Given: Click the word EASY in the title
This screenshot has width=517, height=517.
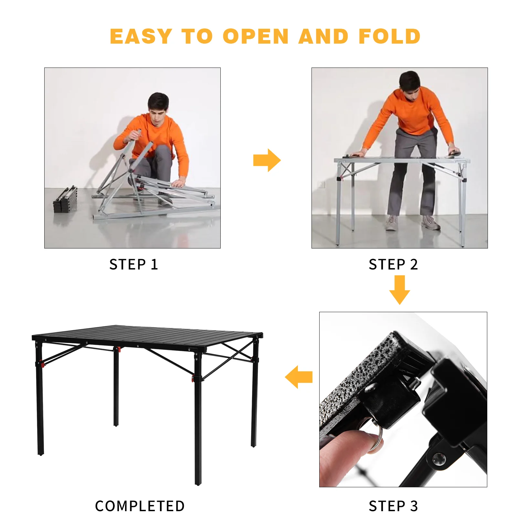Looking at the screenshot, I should pos(141,36).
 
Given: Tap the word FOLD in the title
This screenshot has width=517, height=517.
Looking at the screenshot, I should pos(389,36).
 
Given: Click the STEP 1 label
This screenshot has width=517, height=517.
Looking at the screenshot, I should pos(133,264).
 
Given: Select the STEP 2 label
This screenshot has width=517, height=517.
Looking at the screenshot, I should pos(393,264).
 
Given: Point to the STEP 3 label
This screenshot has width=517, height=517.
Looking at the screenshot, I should pos(393,506).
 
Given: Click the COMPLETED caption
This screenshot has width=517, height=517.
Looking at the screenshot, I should pos(140,506).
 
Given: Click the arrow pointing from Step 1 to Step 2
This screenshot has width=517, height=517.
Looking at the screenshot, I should pos(267,160).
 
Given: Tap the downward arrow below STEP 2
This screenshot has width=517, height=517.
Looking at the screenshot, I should pos(400,290).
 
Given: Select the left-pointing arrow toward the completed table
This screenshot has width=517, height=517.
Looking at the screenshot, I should pos(299,377).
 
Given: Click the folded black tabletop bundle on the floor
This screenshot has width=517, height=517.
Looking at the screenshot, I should pos(66,199).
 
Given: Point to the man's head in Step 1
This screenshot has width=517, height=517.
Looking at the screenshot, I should pos(158,105).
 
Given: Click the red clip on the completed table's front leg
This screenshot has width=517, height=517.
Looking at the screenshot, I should pos(193,378).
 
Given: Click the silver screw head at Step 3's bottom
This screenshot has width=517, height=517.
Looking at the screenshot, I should pos(439,459).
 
